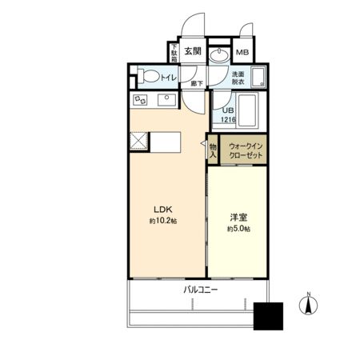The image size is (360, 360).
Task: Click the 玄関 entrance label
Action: [192, 51]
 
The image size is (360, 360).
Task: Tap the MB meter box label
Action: [242, 54]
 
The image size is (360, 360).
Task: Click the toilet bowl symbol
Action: [148, 78]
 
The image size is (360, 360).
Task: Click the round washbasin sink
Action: [220, 54]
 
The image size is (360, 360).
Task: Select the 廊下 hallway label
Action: [195, 82]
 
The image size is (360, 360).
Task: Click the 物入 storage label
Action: [213, 150]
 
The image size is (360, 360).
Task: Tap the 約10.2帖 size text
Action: [162, 220]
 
